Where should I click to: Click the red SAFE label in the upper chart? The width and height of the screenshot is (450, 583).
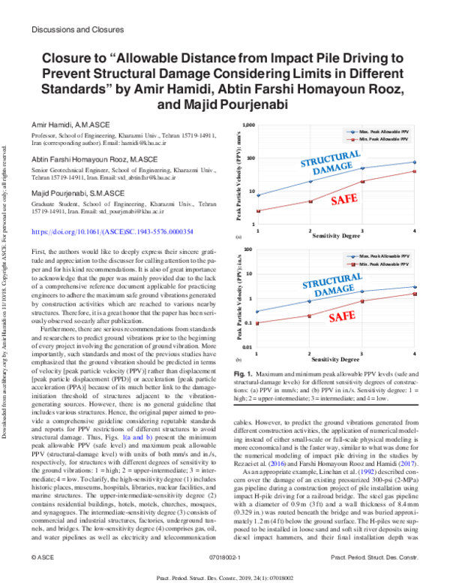point(343,200)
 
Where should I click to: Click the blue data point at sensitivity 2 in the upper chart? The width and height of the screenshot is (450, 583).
point(310,182)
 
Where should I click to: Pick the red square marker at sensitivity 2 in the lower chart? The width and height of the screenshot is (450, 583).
point(310,316)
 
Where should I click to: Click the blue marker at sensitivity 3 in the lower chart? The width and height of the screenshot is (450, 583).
point(363,291)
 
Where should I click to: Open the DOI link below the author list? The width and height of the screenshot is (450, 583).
point(113,233)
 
